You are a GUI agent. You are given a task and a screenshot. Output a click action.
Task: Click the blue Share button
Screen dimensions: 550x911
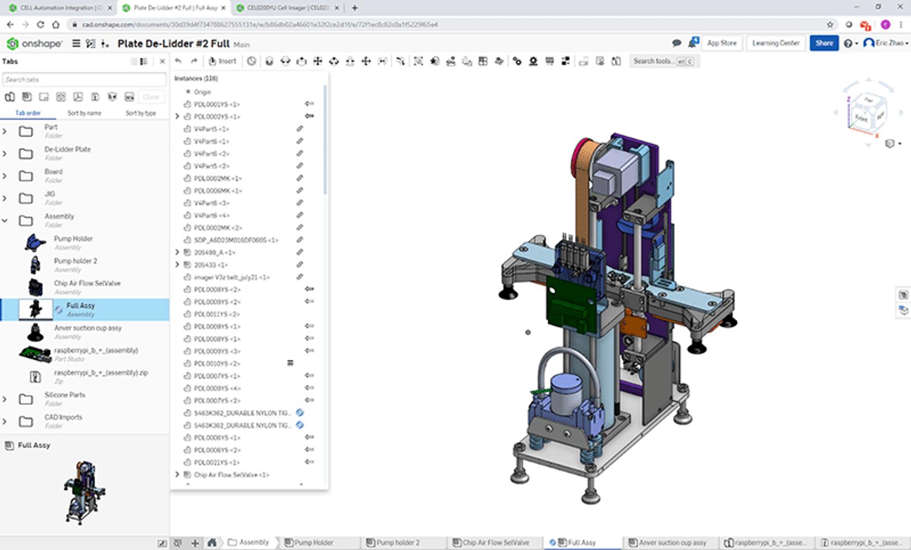coord(823,43)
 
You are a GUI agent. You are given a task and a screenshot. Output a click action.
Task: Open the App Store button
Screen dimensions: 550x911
coord(721,43)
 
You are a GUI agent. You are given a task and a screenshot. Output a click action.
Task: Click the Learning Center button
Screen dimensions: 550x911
coord(775,43)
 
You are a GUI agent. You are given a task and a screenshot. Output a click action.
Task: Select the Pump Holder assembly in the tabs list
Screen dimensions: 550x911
coord(73,239)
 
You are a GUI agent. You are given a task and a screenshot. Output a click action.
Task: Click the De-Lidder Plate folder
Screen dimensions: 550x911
coord(67,150)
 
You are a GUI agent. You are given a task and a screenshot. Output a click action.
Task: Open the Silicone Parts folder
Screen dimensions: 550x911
coord(64,395)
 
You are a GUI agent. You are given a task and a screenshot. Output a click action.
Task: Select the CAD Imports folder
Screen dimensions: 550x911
coord(63,417)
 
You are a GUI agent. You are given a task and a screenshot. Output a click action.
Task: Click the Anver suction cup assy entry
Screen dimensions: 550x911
coord(88,329)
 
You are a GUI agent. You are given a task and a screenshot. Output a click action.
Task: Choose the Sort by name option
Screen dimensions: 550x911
coord(84,113)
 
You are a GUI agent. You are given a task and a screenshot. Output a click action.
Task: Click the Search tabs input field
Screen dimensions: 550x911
coord(84,80)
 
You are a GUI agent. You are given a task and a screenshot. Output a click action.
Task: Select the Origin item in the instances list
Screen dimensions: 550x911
coord(202,92)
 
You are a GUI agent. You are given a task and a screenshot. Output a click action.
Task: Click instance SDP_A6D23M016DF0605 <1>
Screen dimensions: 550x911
coord(236,240)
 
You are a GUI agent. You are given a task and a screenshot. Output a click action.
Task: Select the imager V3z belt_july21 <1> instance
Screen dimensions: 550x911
coord(231,277)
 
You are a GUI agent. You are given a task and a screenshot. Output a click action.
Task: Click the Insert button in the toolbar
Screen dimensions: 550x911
coord(223,61)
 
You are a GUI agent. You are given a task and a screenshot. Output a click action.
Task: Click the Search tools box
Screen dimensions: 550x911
coord(655,61)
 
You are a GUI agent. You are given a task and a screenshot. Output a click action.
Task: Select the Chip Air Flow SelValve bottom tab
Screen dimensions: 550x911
coord(495,543)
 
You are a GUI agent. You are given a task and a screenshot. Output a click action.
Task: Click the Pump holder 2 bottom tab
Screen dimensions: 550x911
coord(397,543)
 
